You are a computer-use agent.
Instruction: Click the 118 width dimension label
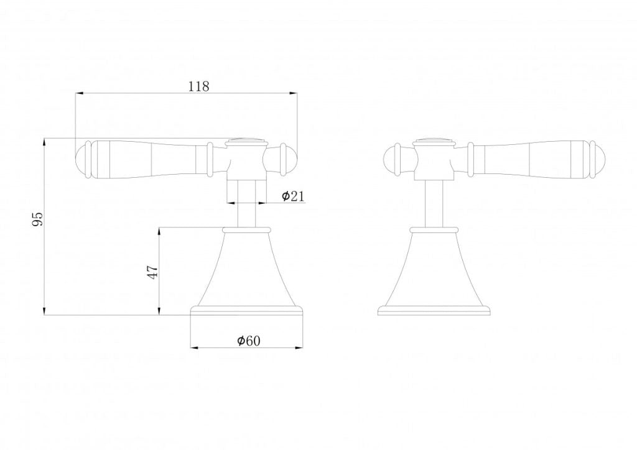point(198,86)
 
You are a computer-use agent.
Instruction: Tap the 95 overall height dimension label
point(38,219)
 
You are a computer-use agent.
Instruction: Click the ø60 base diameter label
point(248,340)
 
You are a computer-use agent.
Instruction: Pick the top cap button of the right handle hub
point(434,139)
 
